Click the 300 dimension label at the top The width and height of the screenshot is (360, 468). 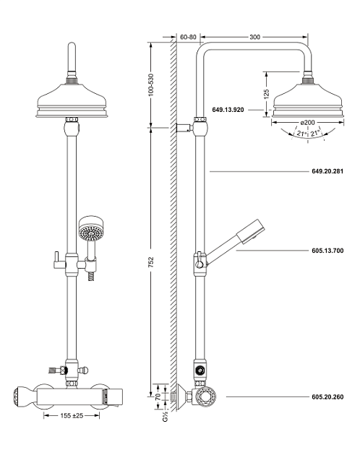pos(254,37)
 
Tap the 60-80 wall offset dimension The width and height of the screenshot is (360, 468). pos(188,37)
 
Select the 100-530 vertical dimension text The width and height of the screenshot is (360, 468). pos(151,84)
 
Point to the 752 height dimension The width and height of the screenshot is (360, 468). pos(151,261)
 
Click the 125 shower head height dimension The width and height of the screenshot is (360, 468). pos(267,93)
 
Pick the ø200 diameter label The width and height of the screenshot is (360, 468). pos(308,122)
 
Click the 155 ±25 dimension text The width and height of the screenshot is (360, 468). pos(72,415)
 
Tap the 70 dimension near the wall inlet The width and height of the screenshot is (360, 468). pos(158,396)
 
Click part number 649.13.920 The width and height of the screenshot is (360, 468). pos(228,110)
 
